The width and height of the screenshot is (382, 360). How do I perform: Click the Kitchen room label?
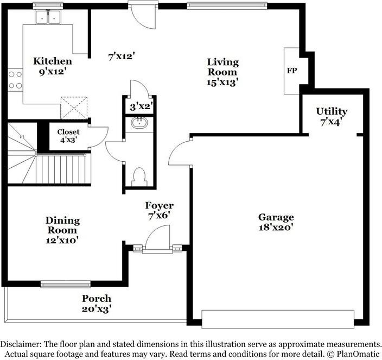click(53, 61)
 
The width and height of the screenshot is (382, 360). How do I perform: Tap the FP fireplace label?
click(292, 71)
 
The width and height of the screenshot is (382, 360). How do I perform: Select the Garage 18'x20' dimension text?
click(276, 228)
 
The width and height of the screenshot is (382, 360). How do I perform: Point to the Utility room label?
click(332, 111)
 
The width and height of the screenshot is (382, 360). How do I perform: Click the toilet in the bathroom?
click(139, 177)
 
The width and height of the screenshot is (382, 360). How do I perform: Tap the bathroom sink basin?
click(139, 123)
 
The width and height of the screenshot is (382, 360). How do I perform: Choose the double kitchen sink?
click(48, 17)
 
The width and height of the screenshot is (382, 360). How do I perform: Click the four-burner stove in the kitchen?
click(15, 80)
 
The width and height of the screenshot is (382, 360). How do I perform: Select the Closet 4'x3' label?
click(68, 136)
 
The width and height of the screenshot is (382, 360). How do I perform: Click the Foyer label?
click(160, 205)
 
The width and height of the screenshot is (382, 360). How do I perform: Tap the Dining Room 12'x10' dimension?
click(62, 241)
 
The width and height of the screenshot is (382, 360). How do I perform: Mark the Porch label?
click(97, 299)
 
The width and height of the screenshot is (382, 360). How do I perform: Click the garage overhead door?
click(278, 319)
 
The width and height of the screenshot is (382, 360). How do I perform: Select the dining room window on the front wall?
click(66, 284)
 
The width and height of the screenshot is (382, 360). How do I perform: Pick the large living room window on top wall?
click(227, 5)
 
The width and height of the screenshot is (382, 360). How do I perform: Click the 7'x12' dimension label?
click(122, 56)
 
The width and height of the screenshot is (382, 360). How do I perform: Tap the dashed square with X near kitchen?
click(74, 108)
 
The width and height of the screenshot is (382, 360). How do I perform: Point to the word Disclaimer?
click(21, 344)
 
